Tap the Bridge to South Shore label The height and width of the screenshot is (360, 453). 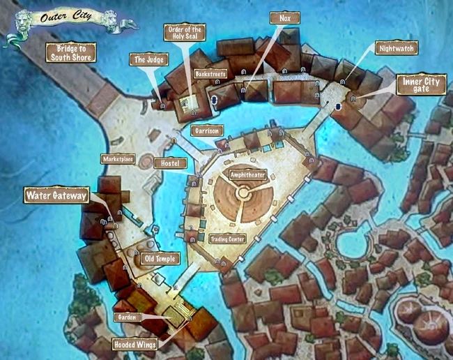[70, 52]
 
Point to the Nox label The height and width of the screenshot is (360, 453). [284, 18]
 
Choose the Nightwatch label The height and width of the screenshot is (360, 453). [396, 50]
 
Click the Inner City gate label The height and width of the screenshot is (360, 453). [421, 85]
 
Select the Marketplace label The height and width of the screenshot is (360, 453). [117, 159]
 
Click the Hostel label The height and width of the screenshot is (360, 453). [170, 163]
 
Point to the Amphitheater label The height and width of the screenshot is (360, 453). [247, 174]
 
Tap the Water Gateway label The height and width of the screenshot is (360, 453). [56, 195]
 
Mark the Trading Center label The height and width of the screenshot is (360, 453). [227, 239]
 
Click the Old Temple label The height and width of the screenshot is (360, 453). [160, 259]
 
